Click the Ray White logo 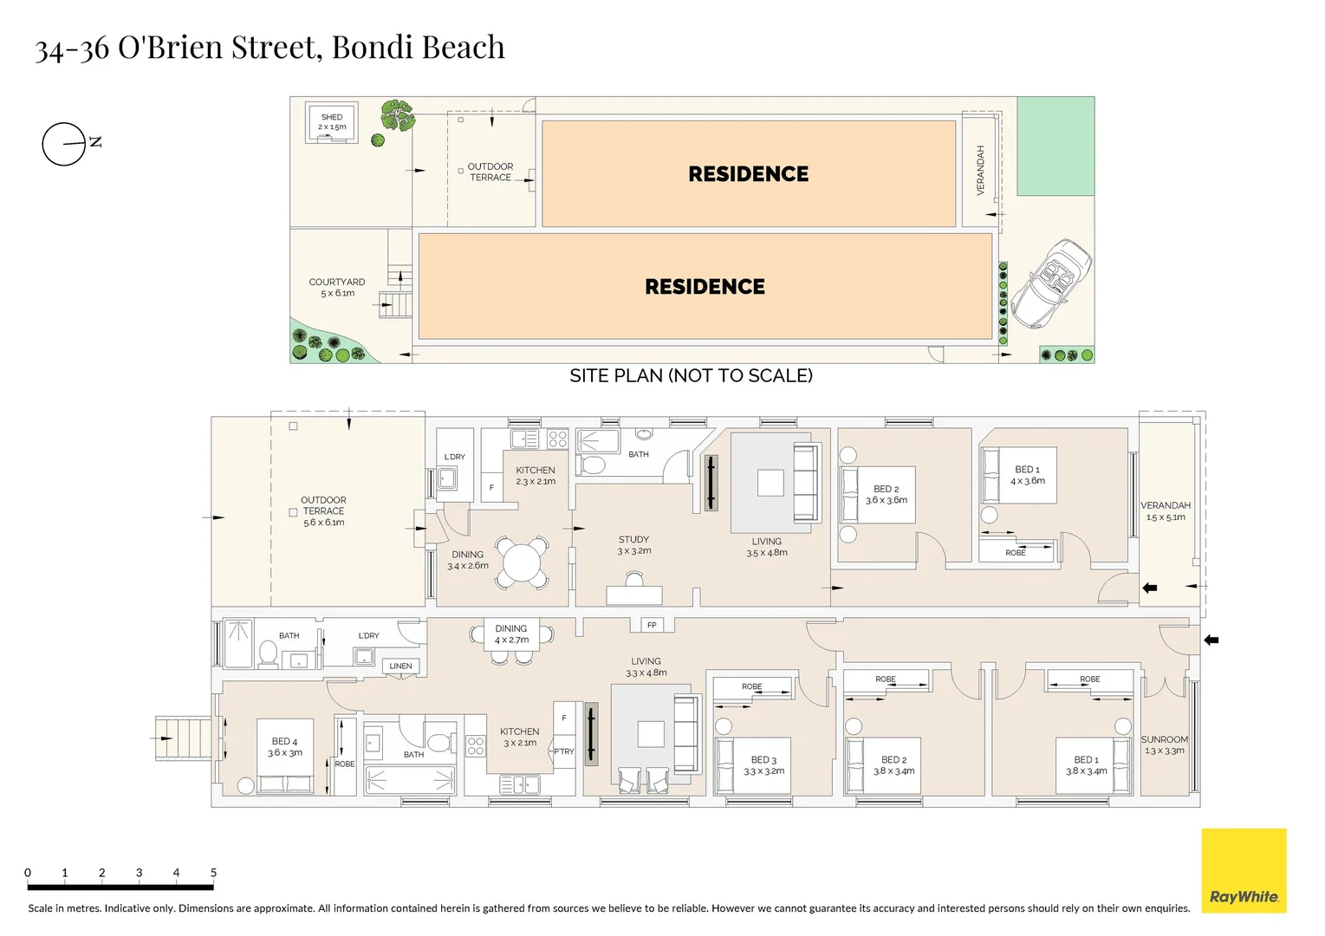(1243, 870)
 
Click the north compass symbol (65, 143)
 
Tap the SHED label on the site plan (332, 117)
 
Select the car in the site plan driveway (1050, 283)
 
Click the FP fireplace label (652, 625)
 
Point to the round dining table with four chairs (522, 562)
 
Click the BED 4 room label (284, 742)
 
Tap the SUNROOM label (1164, 740)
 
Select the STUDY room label (633, 539)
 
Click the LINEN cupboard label (400, 666)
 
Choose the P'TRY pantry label (564, 751)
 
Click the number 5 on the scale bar (213, 873)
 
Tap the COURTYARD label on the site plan (336, 283)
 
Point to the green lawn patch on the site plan (1055, 146)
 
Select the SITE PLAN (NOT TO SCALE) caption (691, 375)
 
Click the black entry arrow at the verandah (1149, 588)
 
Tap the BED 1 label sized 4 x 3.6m (1027, 470)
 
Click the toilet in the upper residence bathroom (593, 465)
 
